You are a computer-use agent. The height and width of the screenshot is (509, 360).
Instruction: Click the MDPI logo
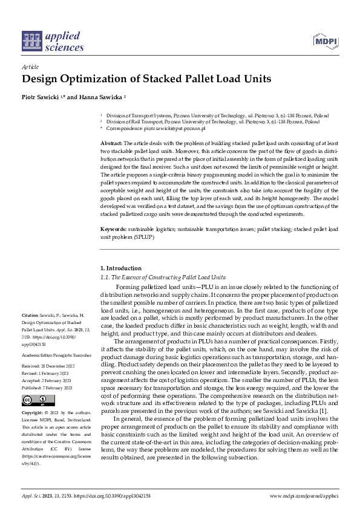click(324, 41)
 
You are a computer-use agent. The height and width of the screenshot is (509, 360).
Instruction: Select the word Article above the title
click(30, 68)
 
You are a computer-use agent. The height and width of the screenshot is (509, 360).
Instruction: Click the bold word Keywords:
click(114, 230)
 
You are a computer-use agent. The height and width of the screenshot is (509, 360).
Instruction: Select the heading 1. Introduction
click(121, 268)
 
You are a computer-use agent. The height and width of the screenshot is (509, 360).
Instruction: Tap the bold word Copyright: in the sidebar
click(33, 412)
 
